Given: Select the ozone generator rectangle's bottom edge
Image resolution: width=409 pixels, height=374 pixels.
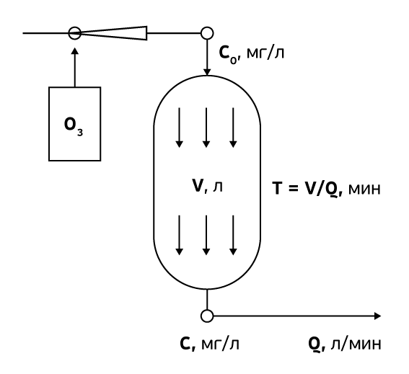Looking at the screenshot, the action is pos(75,160).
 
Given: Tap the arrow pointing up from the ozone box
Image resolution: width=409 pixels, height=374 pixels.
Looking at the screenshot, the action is pos(75,67).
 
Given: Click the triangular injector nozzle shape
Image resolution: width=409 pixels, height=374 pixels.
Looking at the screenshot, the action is pos(114,33).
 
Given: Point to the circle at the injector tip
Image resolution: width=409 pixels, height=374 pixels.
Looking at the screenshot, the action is pos(75,33).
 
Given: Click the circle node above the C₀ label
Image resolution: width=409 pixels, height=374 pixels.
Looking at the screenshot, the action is pos(207,33).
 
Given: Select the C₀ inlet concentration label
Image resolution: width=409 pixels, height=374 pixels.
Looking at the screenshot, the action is pos(252,54).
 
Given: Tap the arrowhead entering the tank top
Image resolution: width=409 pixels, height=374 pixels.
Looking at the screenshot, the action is pos(207,72).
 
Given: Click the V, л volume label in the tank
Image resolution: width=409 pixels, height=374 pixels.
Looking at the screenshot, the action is pos(207,186).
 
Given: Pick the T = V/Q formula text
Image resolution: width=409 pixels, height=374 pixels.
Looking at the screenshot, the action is pos(307,188).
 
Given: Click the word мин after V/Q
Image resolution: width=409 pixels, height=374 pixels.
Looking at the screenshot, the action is pos(364,190).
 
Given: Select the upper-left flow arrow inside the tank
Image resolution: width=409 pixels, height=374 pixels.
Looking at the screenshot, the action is pos(179,128).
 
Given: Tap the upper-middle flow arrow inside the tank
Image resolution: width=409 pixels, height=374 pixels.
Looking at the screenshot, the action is pos(206,128).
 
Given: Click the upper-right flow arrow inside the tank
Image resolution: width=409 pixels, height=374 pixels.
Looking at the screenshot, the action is pos(233,128).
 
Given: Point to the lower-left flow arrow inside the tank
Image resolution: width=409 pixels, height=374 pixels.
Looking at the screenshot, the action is pos(179,235).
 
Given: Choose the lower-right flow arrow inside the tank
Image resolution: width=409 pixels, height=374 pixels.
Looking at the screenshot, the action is pos(233,235).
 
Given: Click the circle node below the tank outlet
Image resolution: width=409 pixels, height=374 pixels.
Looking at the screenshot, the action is pos(207,316).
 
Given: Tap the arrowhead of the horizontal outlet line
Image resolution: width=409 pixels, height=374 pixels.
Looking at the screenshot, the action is pos(378,316).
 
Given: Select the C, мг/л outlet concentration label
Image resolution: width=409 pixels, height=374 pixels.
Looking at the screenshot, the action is pos(209,344).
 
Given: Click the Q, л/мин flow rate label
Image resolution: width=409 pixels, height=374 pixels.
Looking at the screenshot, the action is pos(345,344).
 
